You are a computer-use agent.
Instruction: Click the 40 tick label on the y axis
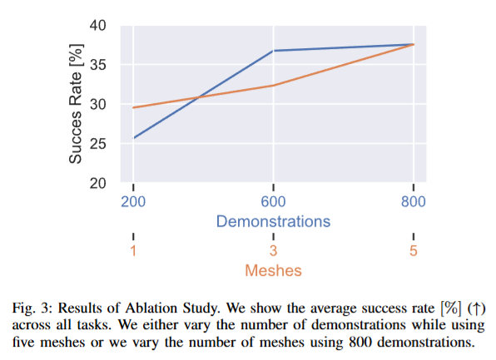coord(97,25)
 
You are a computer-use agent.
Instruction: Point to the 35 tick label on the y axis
coord(97,65)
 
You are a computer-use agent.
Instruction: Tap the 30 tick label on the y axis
coord(97,104)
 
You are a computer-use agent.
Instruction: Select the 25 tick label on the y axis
coord(97,144)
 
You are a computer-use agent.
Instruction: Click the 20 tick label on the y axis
coord(97,183)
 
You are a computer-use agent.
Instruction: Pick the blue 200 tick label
coord(133,202)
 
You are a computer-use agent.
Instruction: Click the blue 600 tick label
coord(273,202)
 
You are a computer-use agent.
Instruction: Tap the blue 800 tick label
coord(414,202)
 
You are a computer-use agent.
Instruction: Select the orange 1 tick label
coord(133,251)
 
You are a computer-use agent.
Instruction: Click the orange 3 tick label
coord(273,251)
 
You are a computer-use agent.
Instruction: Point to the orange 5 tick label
coord(414,251)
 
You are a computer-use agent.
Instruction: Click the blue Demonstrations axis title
coord(273,221)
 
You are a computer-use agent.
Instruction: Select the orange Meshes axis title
coord(273,270)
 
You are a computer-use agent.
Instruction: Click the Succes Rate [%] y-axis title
coord(76,104)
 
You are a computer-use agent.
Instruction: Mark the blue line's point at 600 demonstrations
coord(273,51)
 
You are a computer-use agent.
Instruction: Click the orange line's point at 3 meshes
coord(273,86)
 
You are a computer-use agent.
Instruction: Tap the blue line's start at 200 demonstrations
coord(133,138)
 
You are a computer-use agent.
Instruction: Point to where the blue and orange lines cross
coord(199,97)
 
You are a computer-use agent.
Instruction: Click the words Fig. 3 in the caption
coord(31,308)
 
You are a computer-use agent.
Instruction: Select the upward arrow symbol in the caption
coord(476,308)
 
